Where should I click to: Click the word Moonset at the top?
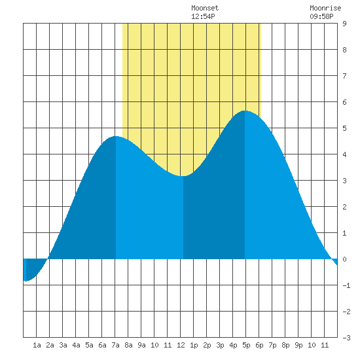(205, 8)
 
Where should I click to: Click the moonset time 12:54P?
(203, 16)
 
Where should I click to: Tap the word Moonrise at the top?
(325, 8)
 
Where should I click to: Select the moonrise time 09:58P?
(321, 16)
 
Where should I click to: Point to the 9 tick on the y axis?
(344, 24)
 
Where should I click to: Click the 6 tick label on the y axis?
(344, 102)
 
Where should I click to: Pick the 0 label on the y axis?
(344, 259)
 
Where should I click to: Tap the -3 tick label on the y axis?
(346, 338)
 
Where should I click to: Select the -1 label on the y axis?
(346, 285)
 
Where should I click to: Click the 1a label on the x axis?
(37, 345)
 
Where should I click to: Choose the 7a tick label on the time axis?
(115, 345)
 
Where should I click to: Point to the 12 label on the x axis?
(181, 345)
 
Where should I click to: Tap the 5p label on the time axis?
(246, 345)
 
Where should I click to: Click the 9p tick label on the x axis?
(298, 345)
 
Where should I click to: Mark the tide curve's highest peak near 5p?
(245, 111)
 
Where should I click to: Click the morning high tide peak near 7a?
(116, 136)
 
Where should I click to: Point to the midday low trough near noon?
(183, 176)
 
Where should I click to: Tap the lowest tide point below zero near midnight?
(26, 281)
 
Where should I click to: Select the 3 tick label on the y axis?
(344, 181)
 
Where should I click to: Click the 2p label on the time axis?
(207, 345)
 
